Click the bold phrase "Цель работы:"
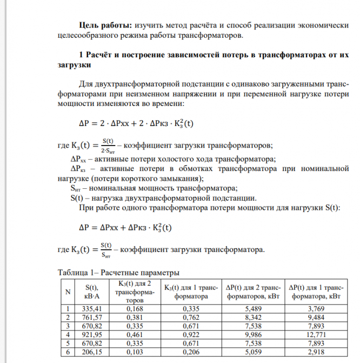pos(105,25)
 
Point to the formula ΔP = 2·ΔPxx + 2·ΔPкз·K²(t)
pos(136,122)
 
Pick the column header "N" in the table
pos(68,292)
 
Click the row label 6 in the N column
pos(68,352)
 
